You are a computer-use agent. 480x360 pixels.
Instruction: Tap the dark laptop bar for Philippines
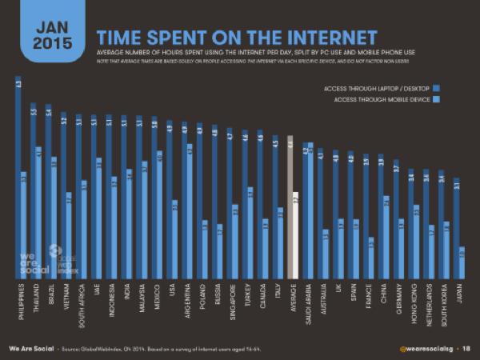(x=18, y=176)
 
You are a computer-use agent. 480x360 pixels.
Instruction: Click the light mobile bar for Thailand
(x=38, y=212)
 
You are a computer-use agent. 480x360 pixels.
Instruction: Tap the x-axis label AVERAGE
(x=294, y=298)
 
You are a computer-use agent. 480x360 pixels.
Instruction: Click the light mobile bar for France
(x=370, y=257)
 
